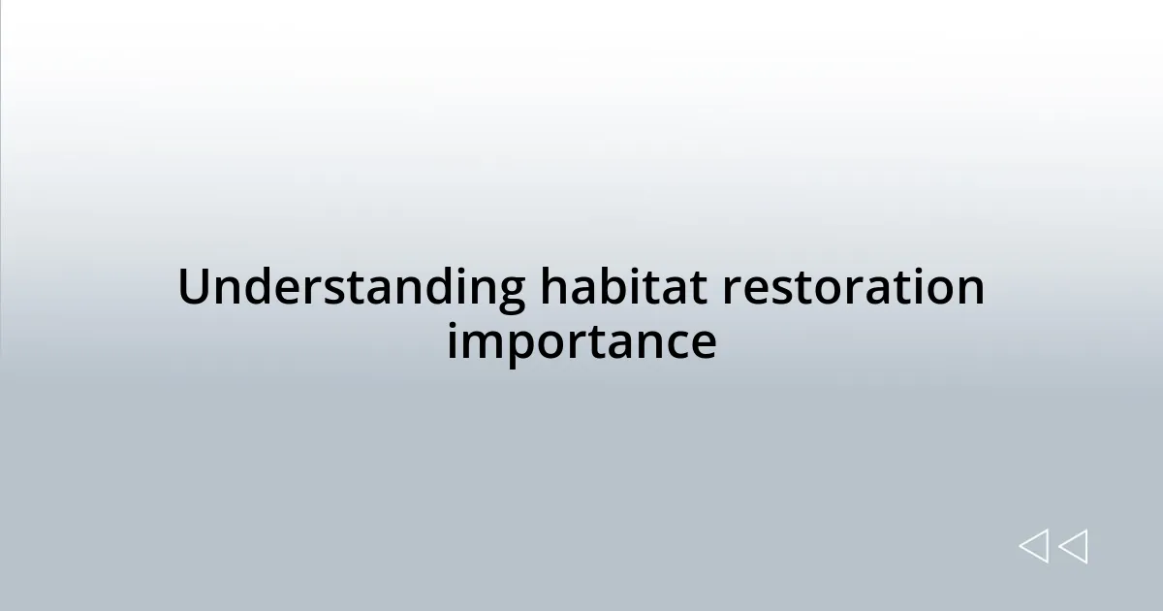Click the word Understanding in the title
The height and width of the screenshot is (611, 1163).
click(x=350, y=289)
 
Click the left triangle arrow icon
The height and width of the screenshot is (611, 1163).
click(x=1034, y=546)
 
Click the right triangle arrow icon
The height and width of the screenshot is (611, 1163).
click(x=1073, y=546)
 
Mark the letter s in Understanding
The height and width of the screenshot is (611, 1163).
click(x=333, y=292)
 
